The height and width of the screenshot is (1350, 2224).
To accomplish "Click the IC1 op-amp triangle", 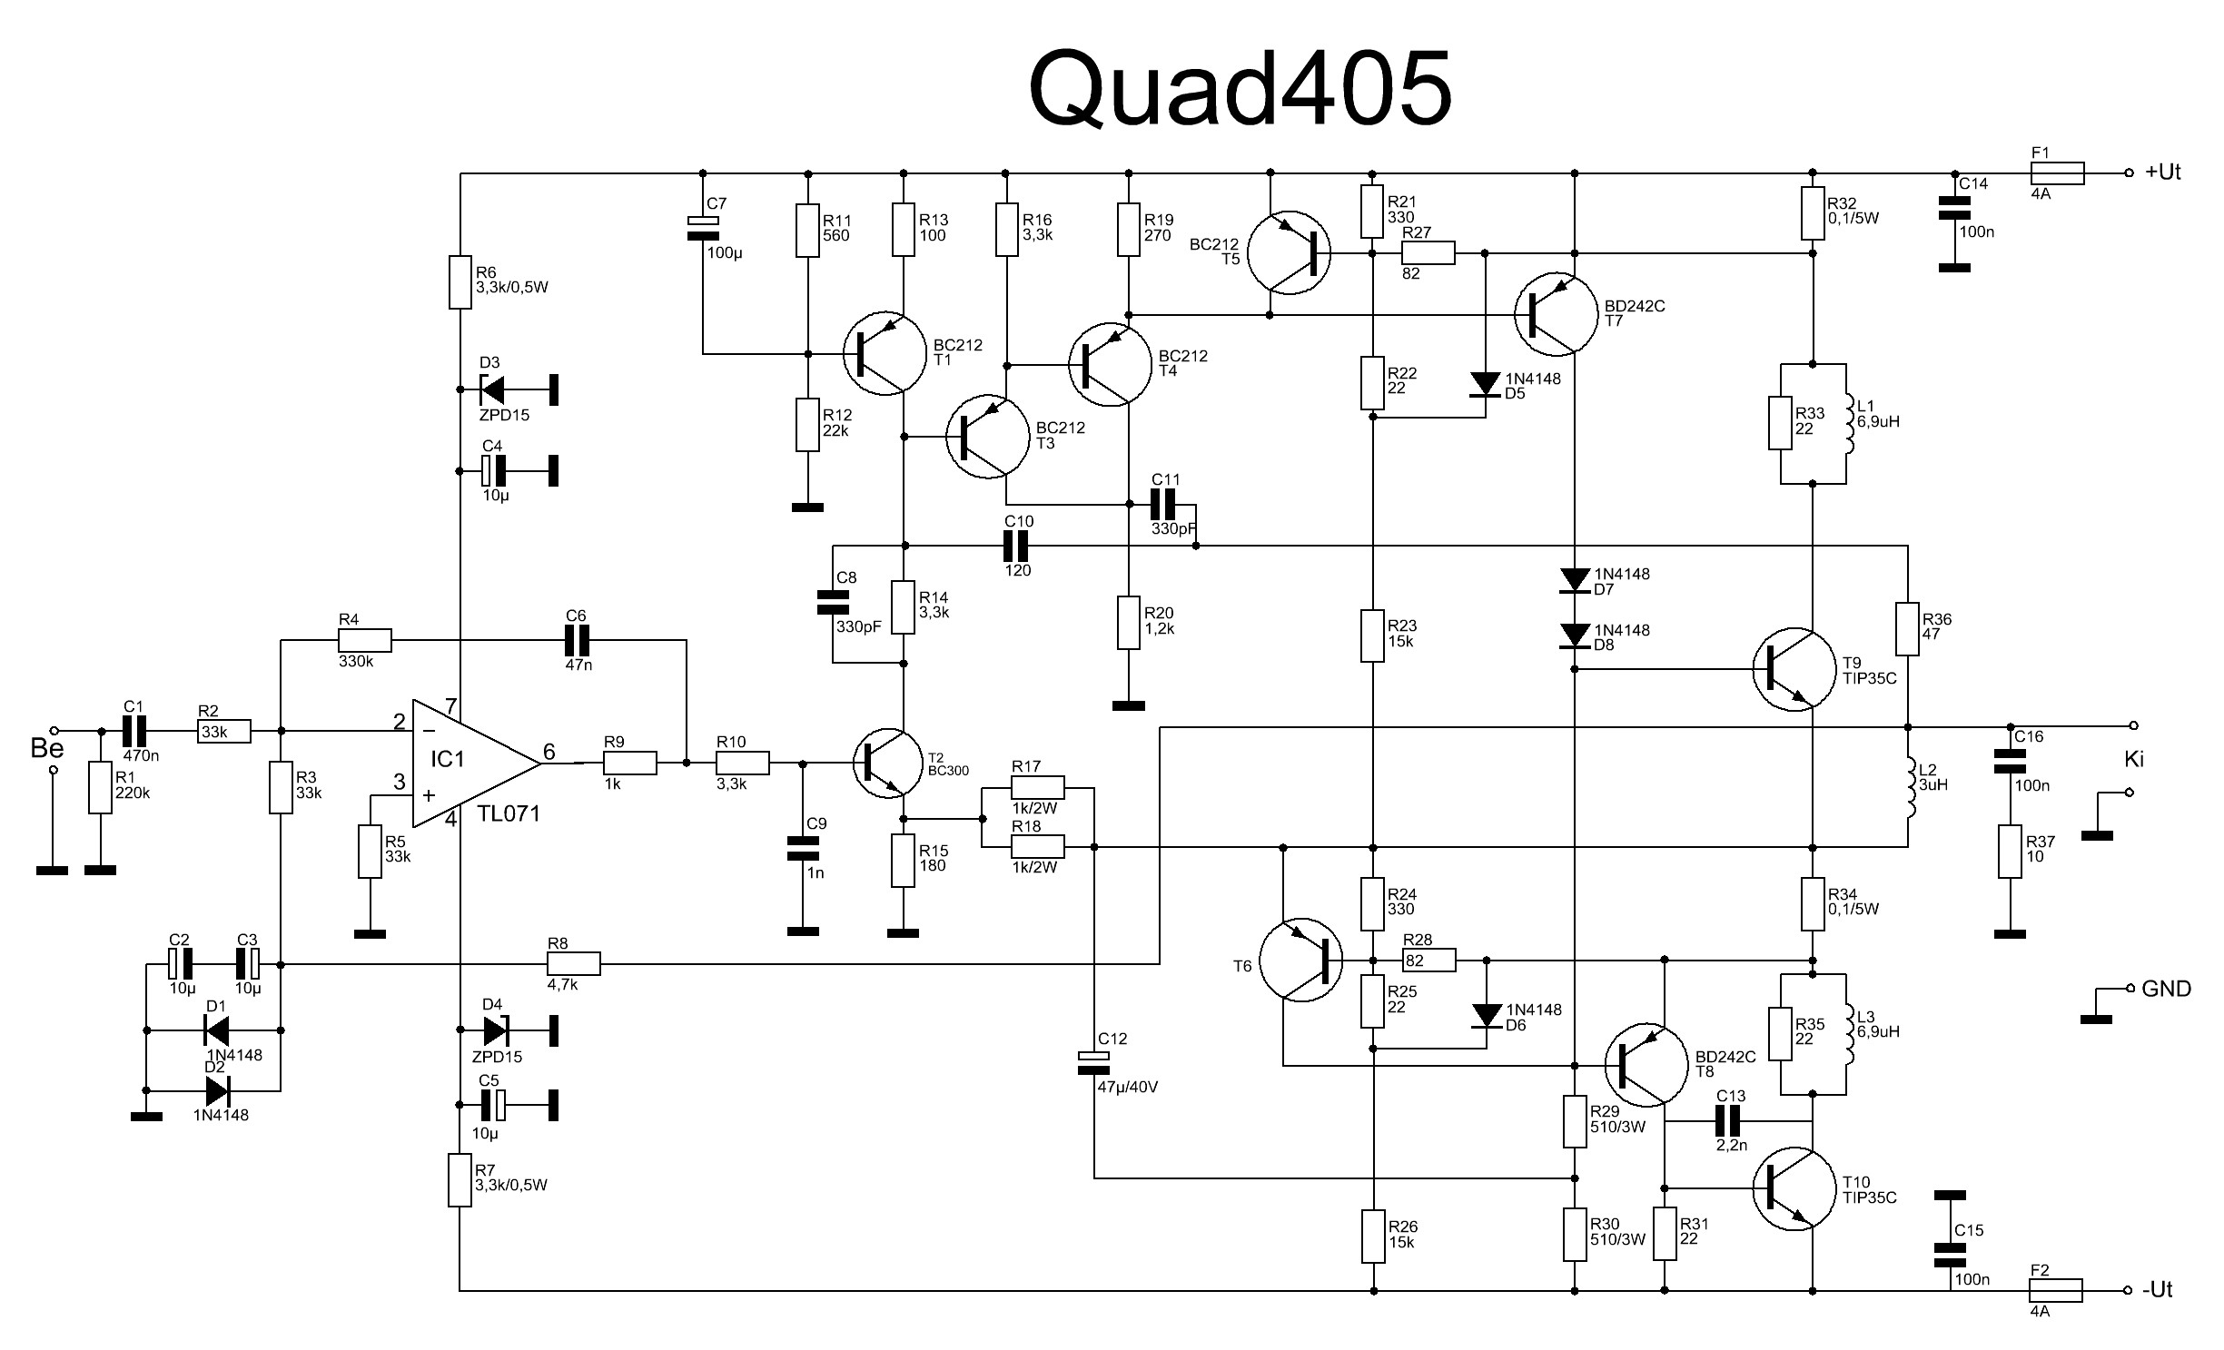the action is point(476,763).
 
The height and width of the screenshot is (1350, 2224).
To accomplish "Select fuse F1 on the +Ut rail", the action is point(2056,172).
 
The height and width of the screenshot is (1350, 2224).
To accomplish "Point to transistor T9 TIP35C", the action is point(1794,669).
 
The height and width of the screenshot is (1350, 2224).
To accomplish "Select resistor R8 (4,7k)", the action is point(574,963).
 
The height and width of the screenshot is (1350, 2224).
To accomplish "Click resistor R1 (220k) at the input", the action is point(100,787).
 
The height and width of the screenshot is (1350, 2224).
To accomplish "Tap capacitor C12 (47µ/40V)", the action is point(1093,1062).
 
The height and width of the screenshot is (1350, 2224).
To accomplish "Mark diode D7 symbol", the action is point(1574,580).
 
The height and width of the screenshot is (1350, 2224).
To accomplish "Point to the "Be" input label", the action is point(47,748).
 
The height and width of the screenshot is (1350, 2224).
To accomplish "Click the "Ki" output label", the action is point(2133,759).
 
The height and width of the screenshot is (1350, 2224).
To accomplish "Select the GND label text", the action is point(2166,989).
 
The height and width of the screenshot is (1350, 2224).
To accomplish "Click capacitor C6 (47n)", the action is point(577,641).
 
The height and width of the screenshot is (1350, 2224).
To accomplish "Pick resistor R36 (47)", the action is point(1908,627).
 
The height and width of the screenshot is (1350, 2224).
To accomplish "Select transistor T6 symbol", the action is point(1302,960).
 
